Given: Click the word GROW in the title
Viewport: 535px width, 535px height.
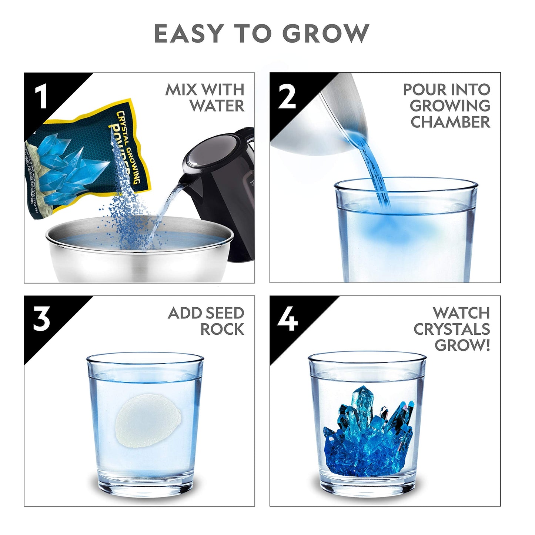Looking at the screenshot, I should [326, 34].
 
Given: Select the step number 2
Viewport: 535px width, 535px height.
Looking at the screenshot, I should [287, 97].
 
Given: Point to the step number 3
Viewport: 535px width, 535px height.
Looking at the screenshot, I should [41, 320].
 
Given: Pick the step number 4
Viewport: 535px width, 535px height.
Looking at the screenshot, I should [287, 320].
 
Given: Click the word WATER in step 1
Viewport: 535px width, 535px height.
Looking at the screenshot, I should [217, 106].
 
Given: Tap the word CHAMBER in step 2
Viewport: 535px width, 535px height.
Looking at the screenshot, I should [450, 122].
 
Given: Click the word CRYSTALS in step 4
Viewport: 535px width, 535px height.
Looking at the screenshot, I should [452, 329].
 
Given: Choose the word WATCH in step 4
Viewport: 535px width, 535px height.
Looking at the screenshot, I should [461, 313].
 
